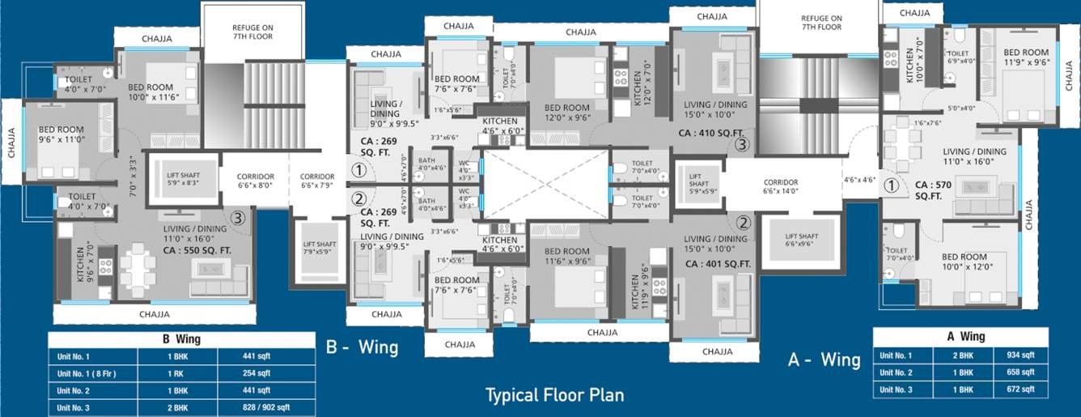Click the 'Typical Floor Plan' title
554,395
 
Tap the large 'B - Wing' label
362,347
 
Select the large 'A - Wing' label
824,360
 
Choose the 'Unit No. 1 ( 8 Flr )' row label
92,373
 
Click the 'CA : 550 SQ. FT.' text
197,251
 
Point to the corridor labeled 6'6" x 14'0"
780,187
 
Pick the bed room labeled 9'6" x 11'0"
61,134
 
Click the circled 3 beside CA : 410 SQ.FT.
742,144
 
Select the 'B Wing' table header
181,339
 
